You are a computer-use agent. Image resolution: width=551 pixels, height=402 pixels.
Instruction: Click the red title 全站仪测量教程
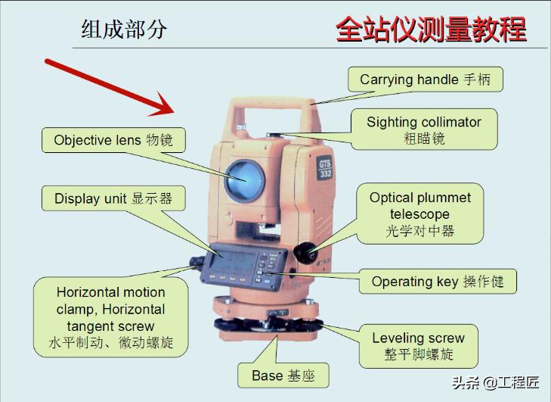click(431, 30)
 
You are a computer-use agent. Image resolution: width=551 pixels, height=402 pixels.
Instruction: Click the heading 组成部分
click(124, 30)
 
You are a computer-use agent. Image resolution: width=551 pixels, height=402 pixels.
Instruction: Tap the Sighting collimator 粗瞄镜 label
click(424, 129)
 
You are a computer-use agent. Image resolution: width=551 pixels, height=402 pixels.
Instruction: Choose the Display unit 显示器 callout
click(113, 199)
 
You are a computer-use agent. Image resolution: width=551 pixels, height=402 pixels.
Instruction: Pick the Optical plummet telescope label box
click(420, 213)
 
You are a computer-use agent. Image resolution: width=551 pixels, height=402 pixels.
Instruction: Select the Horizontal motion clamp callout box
click(111, 317)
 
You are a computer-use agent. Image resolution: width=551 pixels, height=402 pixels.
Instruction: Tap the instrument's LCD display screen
click(236, 265)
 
